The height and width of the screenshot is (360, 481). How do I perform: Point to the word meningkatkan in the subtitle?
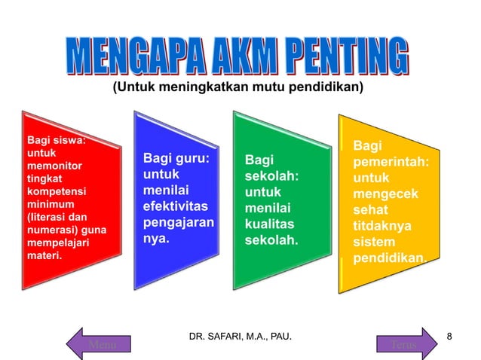tap(195, 89)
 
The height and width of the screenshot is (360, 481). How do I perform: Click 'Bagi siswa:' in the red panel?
tap(57, 139)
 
